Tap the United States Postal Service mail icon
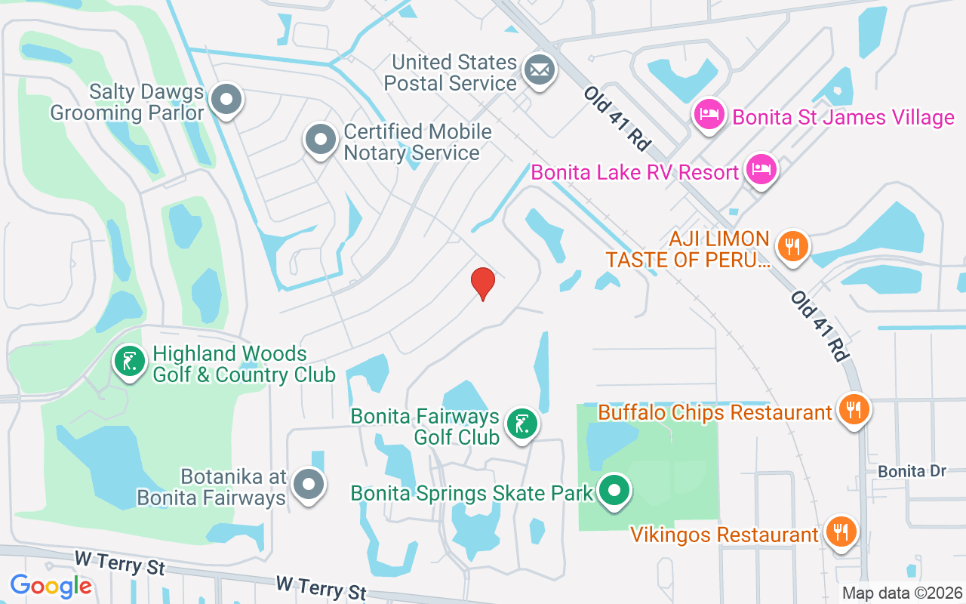(x=539, y=71)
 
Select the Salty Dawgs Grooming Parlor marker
(x=226, y=100)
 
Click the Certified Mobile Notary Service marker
(x=321, y=140)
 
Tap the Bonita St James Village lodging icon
(x=709, y=116)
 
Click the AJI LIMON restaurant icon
(x=792, y=246)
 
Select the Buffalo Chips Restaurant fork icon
(x=854, y=410)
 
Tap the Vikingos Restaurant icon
(x=840, y=532)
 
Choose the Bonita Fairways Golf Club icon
(x=521, y=424)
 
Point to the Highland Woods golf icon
(x=129, y=361)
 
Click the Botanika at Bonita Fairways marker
(x=309, y=484)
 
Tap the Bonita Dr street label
(x=912, y=471)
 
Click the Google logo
(x=51, y=585)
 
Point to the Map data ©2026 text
(x=902, y=593)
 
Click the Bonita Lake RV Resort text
(x=635, y=172)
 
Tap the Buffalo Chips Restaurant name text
(x=715, y=413)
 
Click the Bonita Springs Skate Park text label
(x=472, y=494)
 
